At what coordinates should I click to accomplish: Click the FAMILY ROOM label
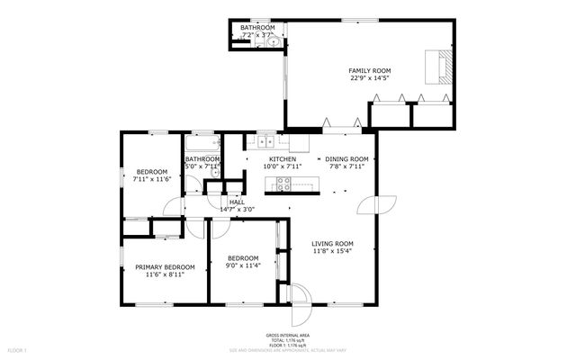pyautogui.click(x=370, y=70)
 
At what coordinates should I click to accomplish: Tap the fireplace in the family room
pyautogui.click(x=441, y=67)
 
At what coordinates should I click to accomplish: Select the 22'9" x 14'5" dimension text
pyautogui.click(x=370, y=78)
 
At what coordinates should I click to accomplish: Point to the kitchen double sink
pyautogui.click(x=265, y=141)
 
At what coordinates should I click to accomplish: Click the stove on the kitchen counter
pyautogui.click(x=283, y=184)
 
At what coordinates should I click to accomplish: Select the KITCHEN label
pyautogui.click(x=281, y=159)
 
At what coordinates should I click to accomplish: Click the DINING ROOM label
pyautogui.click(x=346, y=159)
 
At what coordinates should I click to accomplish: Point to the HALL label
pyautogui.click(x=237, y=202)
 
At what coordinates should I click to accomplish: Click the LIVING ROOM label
pyautogui.click(x=332, y=244)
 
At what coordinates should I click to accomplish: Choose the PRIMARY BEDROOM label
pyautogui.click(x=165, y=267)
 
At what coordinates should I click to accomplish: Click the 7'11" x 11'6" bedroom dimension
pyautogui.click(x=151, y=179)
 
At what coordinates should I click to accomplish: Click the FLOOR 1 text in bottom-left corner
pyautogui.click(x=18, y=349)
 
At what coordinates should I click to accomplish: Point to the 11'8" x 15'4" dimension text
pyautogui.click(x=332, y=251)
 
